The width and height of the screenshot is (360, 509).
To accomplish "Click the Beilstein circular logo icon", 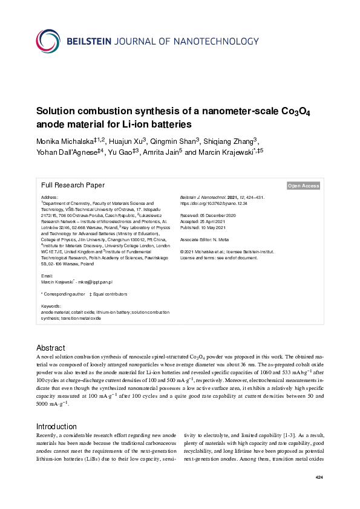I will pos(48,41).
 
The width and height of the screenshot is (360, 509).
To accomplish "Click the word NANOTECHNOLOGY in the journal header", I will pos(206,41).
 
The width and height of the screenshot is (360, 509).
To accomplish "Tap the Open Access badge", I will pos(303,186).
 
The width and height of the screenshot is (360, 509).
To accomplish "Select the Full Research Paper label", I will pos(73,186).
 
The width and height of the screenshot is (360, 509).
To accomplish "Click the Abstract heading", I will pos(51,348).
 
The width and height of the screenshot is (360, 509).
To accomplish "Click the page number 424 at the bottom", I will pos(319,478).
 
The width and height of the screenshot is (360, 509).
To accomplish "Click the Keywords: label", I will pos(51,306).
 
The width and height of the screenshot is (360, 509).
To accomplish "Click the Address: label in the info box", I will pos(50,198).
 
